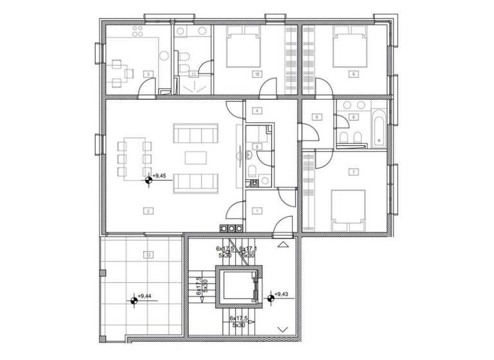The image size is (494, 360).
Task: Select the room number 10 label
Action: pyautogui.click(x=257, y=75)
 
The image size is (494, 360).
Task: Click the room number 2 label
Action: pyautogui.click(x=149, y=210)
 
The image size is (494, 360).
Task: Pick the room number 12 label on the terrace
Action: pyautogui.click(x=149, y=255)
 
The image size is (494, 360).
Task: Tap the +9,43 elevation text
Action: pyautogui.click(x=281, y=294)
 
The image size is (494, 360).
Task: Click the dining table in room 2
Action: pyautogui.click(x=133, y=158)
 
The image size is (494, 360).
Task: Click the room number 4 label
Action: pyautogui.click(x=257, y=111)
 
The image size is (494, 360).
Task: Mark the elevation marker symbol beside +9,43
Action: pyautogui.click(x=270, y=297)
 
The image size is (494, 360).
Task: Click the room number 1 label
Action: pyautogui.click(x=257, y=210)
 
